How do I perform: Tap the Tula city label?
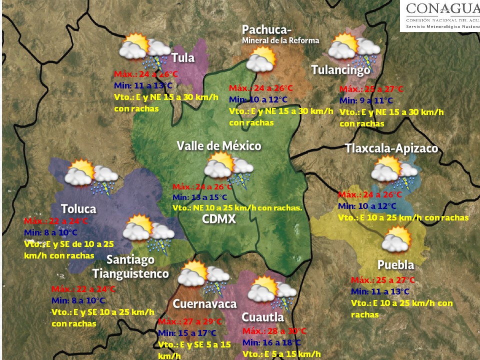tap(183, 57)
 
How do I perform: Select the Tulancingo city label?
tap(340, 70)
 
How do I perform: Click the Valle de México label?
tap(219, 145)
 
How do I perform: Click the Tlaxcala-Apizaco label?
tap(391, 148)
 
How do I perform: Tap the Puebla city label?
tap(395, 264)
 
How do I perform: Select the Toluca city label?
tap(78, 208)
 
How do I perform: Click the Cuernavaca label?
tap(204, 303)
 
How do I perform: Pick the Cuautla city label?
tap(262, 317)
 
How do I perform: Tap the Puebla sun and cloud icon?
tap(396, 239)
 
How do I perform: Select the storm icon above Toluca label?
tap(91, 176)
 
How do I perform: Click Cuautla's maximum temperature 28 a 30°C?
tap(274, 331)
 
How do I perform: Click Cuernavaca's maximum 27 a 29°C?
tap(189, 321)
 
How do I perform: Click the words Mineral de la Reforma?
tap(280, 40)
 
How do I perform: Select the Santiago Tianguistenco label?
tap(131, 267)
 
